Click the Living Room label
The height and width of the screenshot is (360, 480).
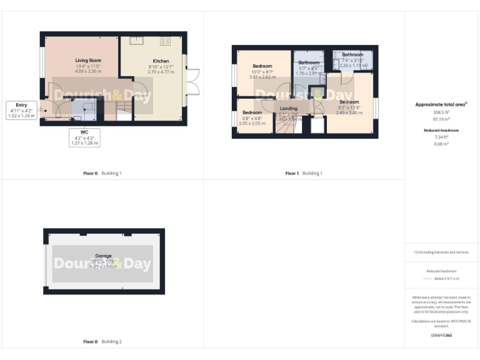(x=88, y=60)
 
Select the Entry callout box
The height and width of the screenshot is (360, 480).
(x=22, y=111)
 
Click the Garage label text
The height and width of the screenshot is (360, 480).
(x=103, y=256)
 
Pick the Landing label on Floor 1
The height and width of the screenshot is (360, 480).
(x=289, y=109)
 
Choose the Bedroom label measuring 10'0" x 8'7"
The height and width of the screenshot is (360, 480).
(x=262, y=66)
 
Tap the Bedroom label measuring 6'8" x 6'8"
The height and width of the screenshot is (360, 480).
(x=252, y=113)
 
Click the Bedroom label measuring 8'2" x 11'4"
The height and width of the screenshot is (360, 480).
(x=349, y=102)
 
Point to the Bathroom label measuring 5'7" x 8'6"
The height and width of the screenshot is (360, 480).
(x=309, y=62)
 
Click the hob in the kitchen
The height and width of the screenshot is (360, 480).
(x=165, y=41)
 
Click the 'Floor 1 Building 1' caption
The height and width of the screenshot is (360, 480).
(x=304, y=173)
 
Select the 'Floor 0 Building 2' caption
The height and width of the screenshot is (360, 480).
(x=102, y=342)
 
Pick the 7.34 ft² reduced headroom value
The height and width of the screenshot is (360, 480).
(x=441, y=137)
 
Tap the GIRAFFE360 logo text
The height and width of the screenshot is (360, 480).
(x=441, y=336)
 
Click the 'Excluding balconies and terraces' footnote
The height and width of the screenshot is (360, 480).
(x=441, y=252)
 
